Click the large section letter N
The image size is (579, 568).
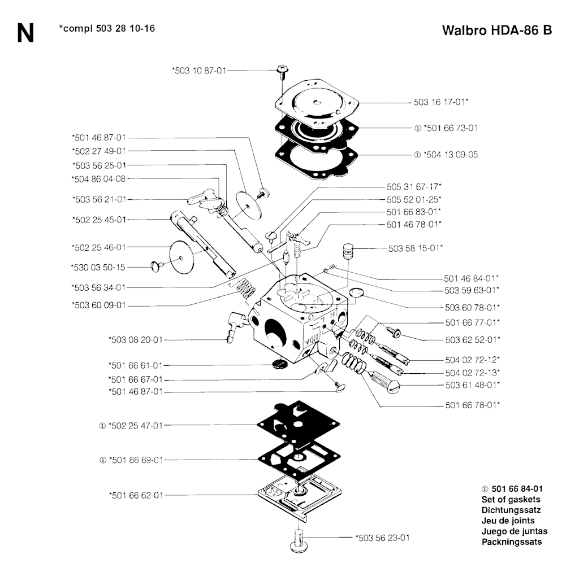coord(25,33)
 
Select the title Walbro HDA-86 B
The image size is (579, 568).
coord(497,30)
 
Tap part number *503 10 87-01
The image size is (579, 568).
coord(199,71)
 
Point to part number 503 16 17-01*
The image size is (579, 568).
coord(441,102)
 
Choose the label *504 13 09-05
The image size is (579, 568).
coord(451,155)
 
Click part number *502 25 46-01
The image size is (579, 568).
coord(99,247)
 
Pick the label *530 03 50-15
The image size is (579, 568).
coord(98,267)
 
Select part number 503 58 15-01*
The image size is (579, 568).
coord(416,248)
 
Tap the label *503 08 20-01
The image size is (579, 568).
coord(136,339)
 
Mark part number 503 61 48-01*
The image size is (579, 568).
coord(473,385)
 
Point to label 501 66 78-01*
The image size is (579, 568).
coord(473,405)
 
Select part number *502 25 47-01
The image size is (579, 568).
coord(136,426)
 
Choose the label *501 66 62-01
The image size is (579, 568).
coord(136,495)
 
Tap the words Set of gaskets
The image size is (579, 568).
coord(511,500)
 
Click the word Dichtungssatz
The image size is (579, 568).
coord(511,510)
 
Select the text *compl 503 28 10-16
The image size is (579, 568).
coord(107,28)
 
